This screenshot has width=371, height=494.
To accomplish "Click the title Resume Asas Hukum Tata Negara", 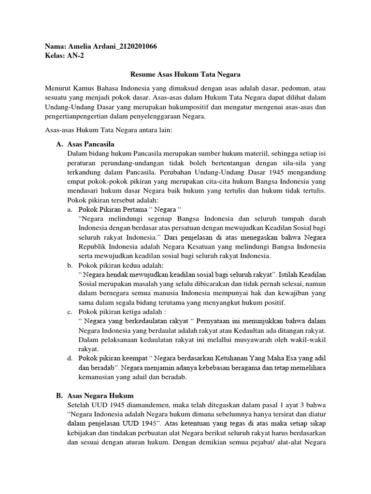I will [185, 75].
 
